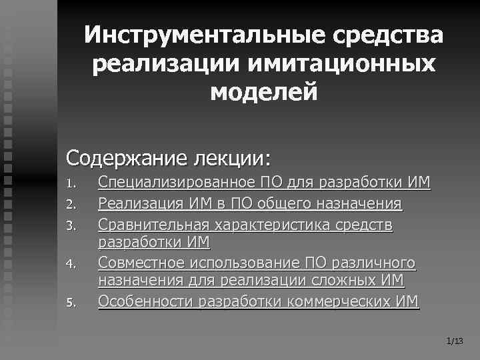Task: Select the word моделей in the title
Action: pyautogui.click(x=263, y=92)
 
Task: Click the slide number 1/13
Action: pyautogui.click(x=455, y=341)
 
